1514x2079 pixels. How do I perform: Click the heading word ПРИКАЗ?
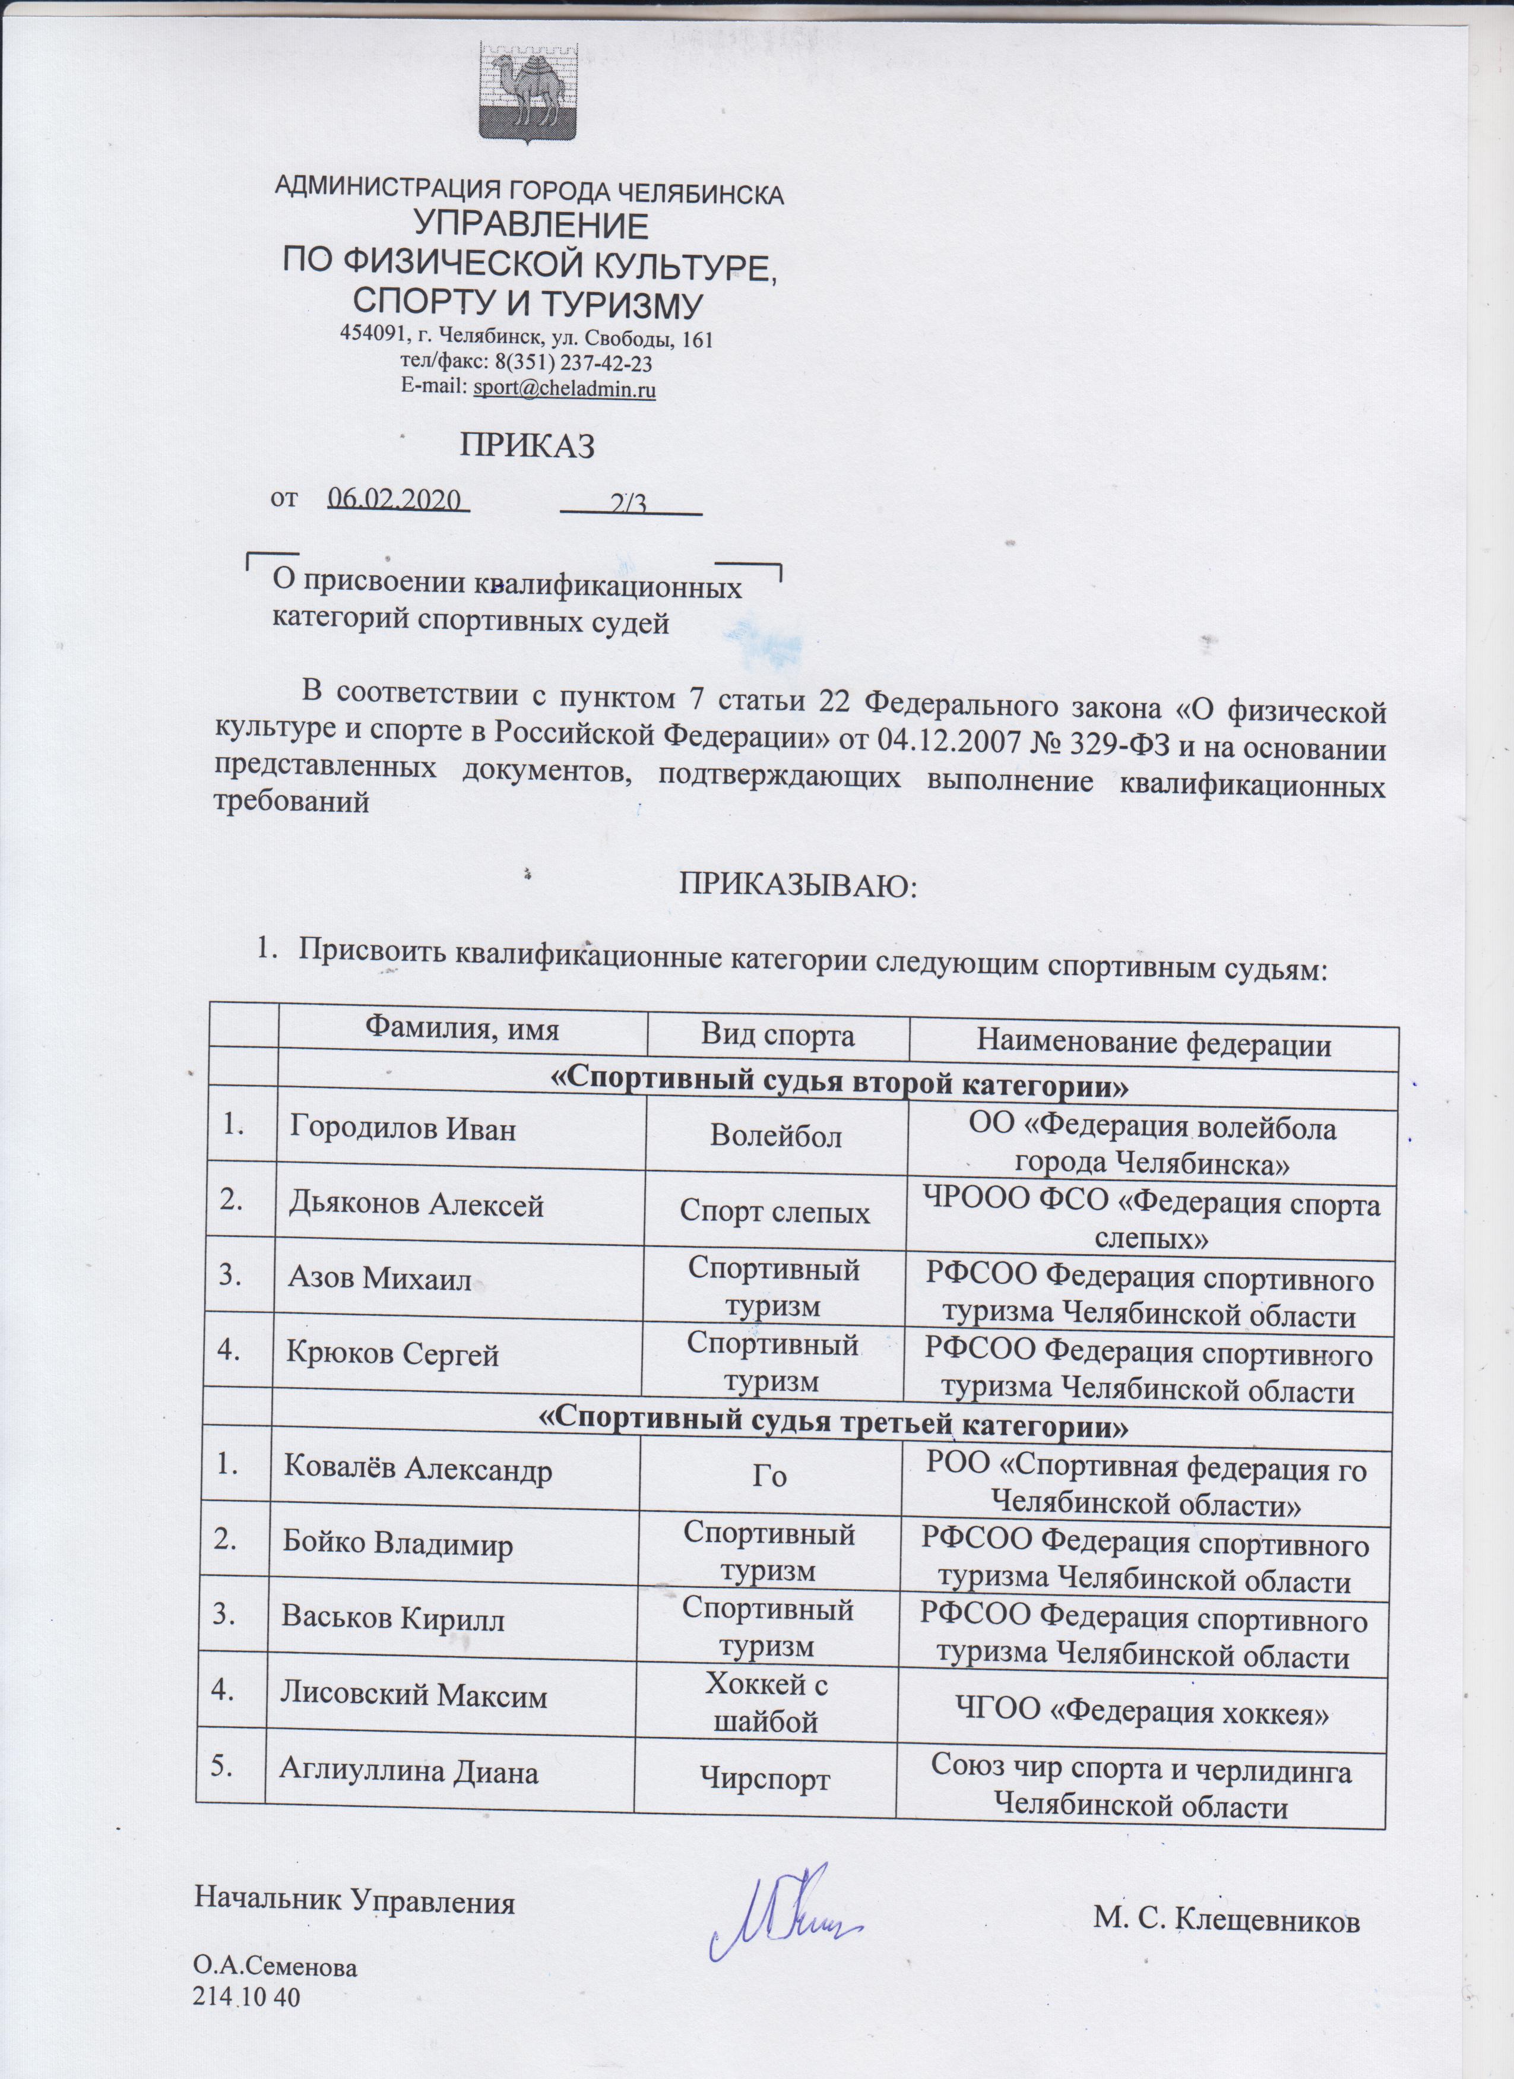[x=527, y=447]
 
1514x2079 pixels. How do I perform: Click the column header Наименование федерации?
[x=1154, y=1043]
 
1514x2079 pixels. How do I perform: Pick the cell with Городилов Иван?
[x=403, y=1128]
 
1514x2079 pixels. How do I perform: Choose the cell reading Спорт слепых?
[x=774, y=1213]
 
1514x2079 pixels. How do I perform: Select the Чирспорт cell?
[x=765, y=1781]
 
